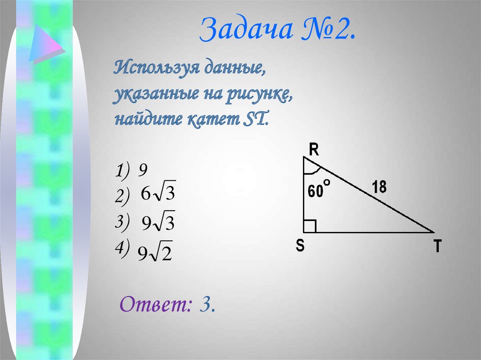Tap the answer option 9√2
[x=155, y=254]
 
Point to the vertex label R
[x=314, y=150]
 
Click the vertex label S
[x=300, y=245]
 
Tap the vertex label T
[x=437, y=246]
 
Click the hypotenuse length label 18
[x=379, y=187]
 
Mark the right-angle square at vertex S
[x=310, y=226]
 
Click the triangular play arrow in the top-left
[x=46, y=45]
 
